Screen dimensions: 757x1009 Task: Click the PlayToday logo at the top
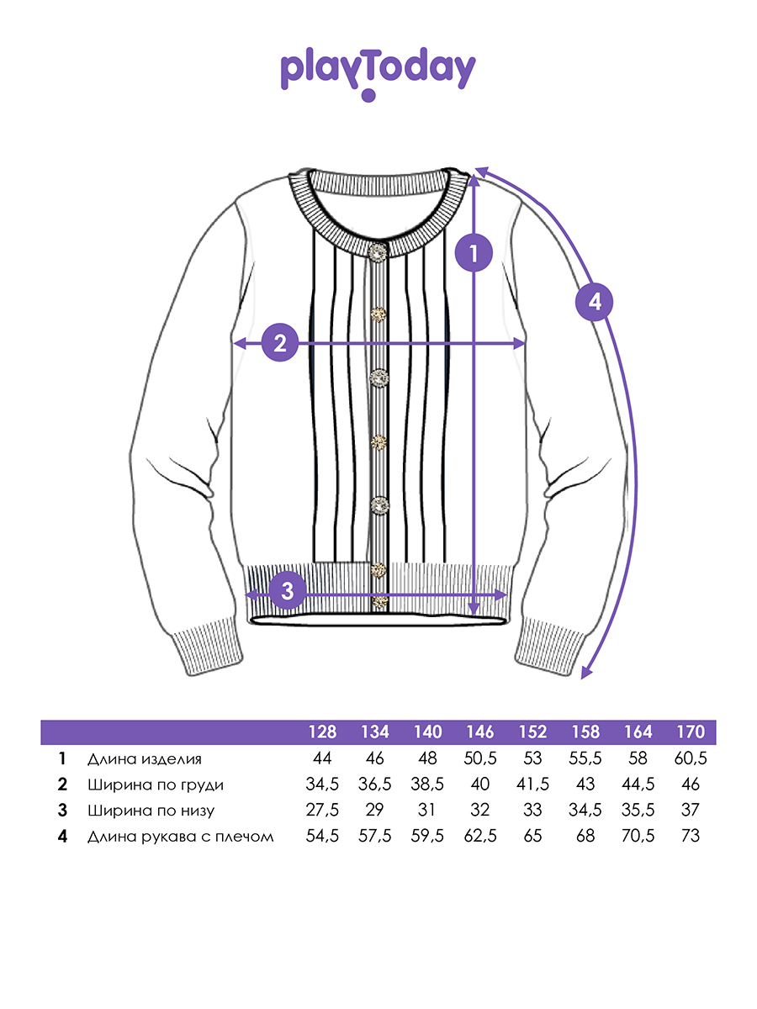[x=378, y=73]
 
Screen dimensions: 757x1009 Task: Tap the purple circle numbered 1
[x=474, y=252]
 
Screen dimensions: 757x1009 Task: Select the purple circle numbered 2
[x=280, y=343]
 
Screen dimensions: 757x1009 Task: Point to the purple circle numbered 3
[x=288, y=591]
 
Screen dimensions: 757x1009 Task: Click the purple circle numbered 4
[x=595, y=302]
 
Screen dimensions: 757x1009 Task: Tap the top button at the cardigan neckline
[x=378, y=252]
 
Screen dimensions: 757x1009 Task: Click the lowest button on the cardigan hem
[x=379, y=601]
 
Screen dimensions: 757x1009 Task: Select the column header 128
[x=322, y=732]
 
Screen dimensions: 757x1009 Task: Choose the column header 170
[x=691, y=732]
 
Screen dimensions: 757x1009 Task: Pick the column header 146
[x=479, y=732]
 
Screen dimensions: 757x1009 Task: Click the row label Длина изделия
[x=145, y=759]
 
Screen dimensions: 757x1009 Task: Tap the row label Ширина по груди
[x=156, y=784]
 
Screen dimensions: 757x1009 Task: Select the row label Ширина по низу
[x=151, y=811]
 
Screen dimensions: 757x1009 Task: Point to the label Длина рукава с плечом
[x=181, y=837]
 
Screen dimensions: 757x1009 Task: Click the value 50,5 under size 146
[x=479, y=758]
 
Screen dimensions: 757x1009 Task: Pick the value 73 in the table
[x=691, y=836]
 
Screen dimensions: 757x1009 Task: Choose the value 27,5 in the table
[x=322, y=810]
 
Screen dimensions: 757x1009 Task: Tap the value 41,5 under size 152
[x=532, y=784]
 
